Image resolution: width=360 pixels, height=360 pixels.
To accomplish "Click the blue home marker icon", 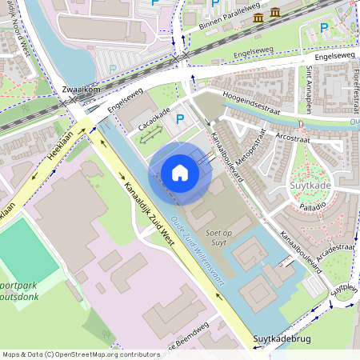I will pyautogui.click(x=180, y=172).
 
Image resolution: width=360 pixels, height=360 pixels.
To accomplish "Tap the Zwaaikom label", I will pyautogui.click(x=80, y=90).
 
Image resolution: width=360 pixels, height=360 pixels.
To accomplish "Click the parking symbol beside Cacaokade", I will pyautogui.click(x=180, y=120).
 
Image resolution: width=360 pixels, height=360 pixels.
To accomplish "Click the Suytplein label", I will pyautogui.click(x=343, y=288).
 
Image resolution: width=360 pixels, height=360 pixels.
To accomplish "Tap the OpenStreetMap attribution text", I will pyautogui.click(x=80, y=354).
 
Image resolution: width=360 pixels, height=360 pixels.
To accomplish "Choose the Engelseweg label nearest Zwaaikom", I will pyautogui.click(x=125, y=102).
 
